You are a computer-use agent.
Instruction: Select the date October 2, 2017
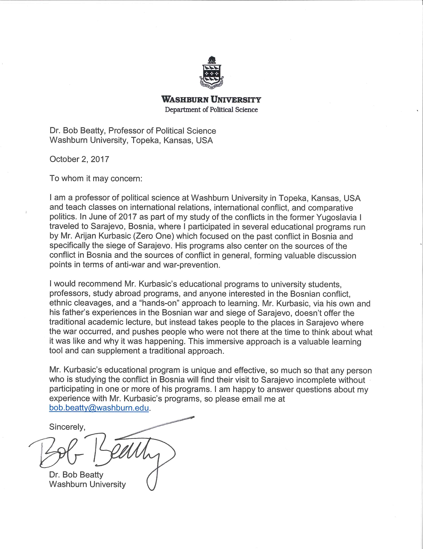click(79, 159)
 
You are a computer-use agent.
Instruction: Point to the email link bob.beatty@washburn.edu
click(99, 408)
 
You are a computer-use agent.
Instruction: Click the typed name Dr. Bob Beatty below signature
click(76, 475)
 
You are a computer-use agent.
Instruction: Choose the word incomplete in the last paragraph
click(318, 380)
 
